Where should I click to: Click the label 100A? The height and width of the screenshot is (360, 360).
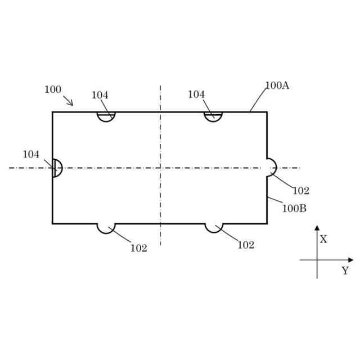pyautogui.click(x=277, y=85)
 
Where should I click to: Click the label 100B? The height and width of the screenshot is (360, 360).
pyautogui.click(x=294, y=208)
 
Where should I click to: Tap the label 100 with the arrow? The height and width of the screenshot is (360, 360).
pyautogui.click(x=53, y=89)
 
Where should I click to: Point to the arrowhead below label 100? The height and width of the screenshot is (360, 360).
pyautogui.click(x=71, y=103)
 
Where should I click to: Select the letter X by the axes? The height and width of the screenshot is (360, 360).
pyautogui.click(x=323, y=239)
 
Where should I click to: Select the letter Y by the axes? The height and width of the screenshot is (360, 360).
pyautogui.click(x=345, y=271)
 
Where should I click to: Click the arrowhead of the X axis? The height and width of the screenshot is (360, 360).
pyautogui.click(x=317, y=228)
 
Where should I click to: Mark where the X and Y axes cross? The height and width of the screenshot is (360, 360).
pyautogui.click(x=317, y=260)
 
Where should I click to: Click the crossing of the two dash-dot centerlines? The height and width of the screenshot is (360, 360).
pyautogui.click(x=160, y=168)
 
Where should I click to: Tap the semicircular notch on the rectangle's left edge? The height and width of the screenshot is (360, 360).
pyautogui.click(x=57, y=168)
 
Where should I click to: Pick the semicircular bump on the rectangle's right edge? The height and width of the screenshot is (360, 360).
pyautogui.click(x=271, y=167)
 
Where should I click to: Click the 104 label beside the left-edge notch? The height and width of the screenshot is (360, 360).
pyautogui.click(x=31, y=154)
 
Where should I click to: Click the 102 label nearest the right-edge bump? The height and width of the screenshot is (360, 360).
pyautogui.click(x=301, y=191)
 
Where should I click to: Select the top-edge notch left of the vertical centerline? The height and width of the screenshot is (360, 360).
pyautogui.click(x=106, y=116)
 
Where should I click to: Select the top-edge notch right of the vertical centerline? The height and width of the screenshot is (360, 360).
pyautogui.click(x=213, y=116)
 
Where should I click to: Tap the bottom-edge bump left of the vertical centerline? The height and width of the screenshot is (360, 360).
pyautogui.click(x=106, y=227)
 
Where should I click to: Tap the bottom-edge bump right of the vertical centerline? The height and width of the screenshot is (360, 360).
pyautogui.click(x=213, y=227)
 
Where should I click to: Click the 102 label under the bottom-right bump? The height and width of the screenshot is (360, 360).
pyautogui.click(x=246, y=245)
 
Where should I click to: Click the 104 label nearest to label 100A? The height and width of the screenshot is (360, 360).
pyautogui.click(x=196, y=94)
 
